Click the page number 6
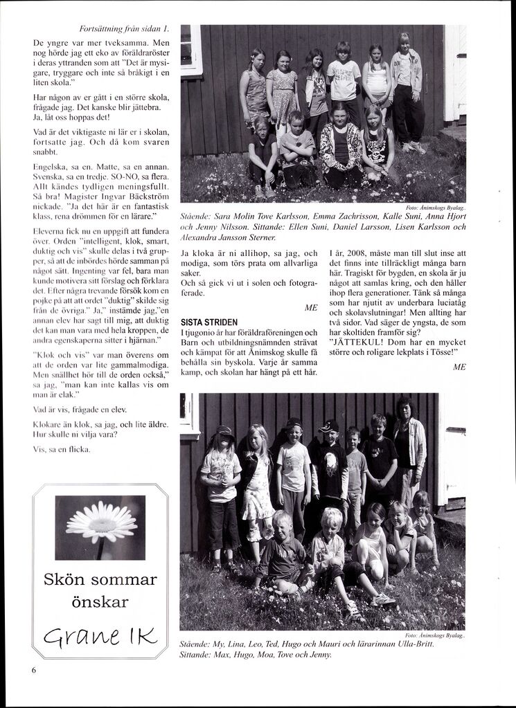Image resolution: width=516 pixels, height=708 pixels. pos(33,670)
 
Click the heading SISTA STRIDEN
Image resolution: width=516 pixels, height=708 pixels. pos(210,322)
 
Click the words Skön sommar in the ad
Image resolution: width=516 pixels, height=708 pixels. pos(100,579)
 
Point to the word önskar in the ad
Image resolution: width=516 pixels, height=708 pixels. pos(100,601)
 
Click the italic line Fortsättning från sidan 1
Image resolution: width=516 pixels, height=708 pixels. pos(124,28)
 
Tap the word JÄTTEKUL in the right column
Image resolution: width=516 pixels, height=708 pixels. pos(357,341)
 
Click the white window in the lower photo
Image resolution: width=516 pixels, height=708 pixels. pos(187,414)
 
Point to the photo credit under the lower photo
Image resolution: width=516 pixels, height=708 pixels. pos(436,635)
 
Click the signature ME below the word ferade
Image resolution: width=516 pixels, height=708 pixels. pos(311,307)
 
